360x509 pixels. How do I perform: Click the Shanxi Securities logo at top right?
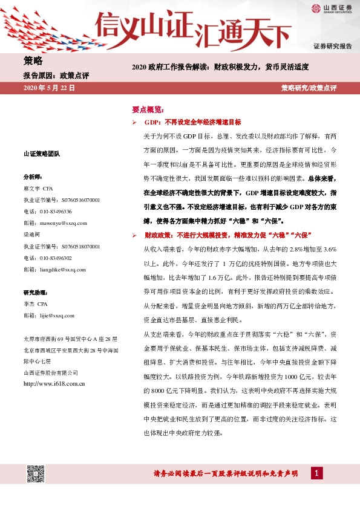tap(332, 8)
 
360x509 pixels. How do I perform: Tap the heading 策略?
tap(33, 60)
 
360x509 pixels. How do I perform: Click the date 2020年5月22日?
tap(48, 88)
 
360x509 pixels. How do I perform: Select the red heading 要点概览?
tap(148, 110)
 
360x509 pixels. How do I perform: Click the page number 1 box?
tap(315, 473)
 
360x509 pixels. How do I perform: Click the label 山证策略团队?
tap(41, 154)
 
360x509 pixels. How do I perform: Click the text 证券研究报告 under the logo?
tap(332, 46)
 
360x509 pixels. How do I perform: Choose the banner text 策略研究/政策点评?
tap(309, 88)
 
